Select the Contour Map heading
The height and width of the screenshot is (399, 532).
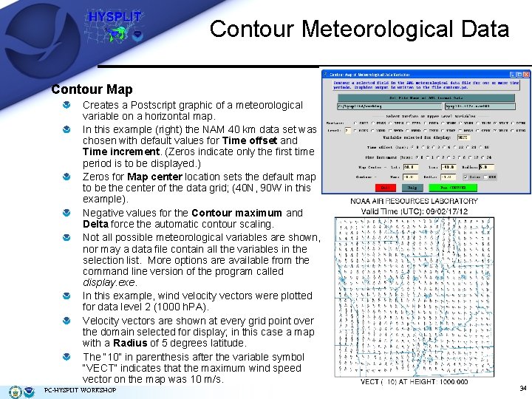[92, 89]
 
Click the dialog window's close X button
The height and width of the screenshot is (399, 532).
[526, 75]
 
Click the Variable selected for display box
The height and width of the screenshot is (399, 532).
[463, 137]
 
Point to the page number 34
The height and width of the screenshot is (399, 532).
[522, 389]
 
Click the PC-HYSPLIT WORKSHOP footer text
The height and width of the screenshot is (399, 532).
[81, 390]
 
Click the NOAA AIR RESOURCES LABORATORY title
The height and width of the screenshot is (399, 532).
[415, 201]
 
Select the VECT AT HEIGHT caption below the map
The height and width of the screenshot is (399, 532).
[414, 381]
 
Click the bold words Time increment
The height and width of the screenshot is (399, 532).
[116, 151]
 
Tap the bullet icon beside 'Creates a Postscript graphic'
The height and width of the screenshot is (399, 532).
[67, 106]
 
